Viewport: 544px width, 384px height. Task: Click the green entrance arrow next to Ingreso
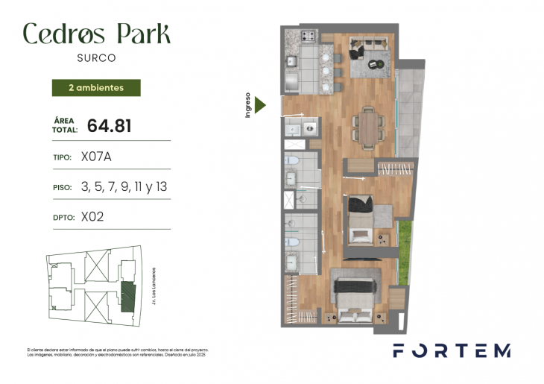[259, 105]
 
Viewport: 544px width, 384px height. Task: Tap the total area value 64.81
[110, 126]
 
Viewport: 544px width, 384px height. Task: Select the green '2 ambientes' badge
[96, 87]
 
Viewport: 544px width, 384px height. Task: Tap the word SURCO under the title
[96, 57]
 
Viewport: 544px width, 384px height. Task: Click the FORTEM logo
[452, 350]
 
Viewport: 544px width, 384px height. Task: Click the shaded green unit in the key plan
[128, 296]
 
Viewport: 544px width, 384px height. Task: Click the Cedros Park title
[96, 34]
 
